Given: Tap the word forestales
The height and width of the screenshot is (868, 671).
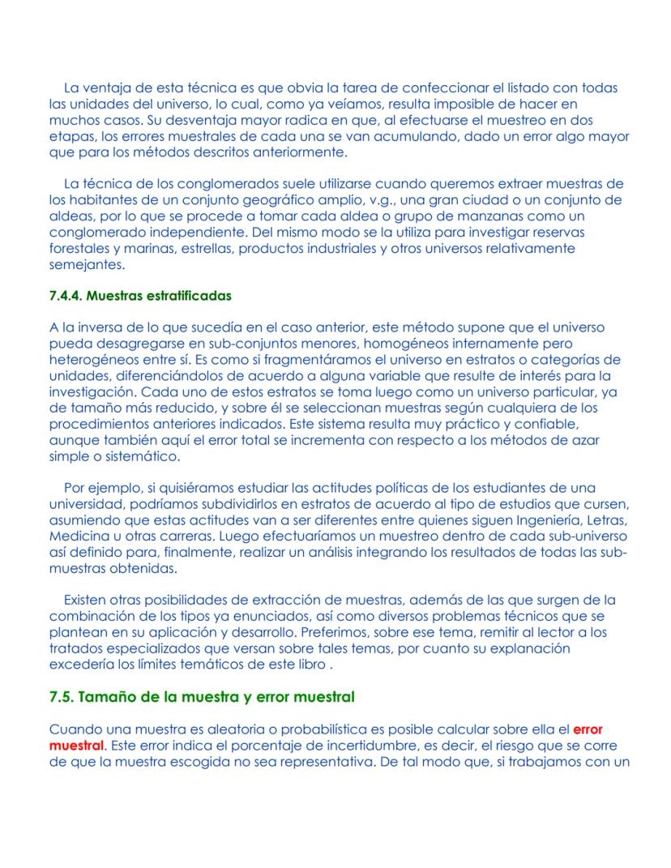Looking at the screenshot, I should [80, 249].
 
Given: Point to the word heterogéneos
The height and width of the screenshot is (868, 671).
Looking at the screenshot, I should [92, 360].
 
